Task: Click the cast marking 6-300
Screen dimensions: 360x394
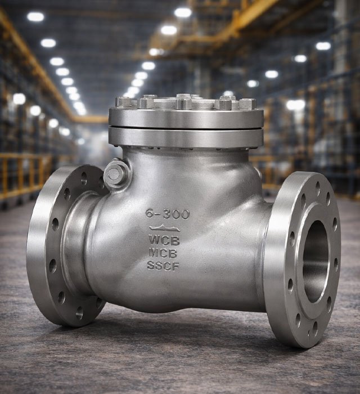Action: click(168, 214)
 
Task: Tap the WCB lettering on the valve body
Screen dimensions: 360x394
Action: click(164, 240)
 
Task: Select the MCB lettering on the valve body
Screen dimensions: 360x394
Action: click(163, 253)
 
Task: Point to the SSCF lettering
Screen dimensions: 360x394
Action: click(163, 266)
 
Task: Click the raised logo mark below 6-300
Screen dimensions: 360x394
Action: click(164, 228)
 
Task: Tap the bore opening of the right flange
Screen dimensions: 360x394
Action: click(316, 262)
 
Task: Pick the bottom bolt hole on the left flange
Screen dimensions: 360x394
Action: click(79, 313)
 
